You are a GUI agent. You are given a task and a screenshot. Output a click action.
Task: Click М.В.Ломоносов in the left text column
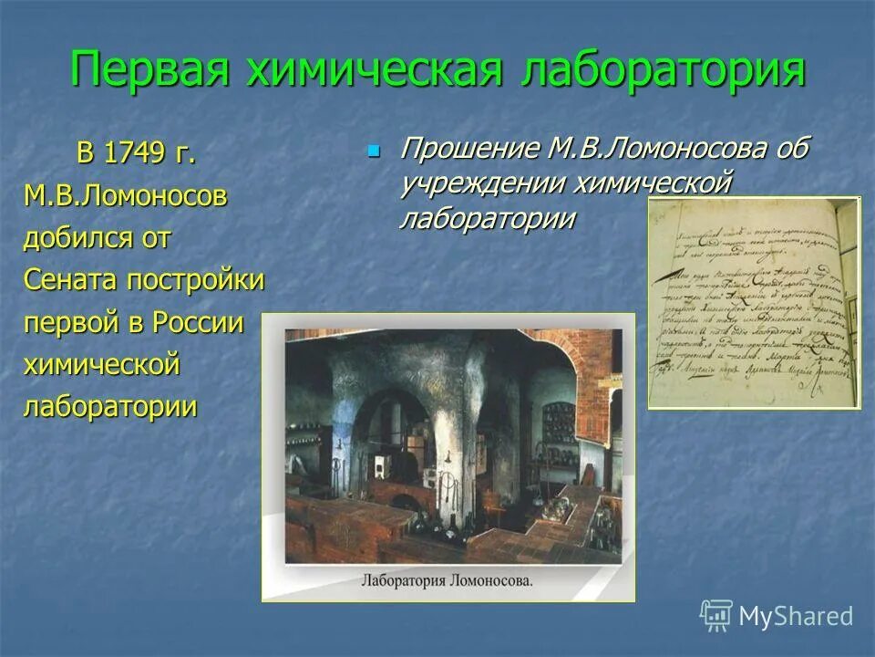(x=125, y=196)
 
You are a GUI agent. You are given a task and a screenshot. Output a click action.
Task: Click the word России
(x=199, y=322)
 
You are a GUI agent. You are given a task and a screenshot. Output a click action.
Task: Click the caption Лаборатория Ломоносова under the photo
(x=447, y=579)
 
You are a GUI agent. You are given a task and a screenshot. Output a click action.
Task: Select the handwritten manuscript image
(x=754, y=302)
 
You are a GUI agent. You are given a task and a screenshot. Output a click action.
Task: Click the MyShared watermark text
(x=796, y=616)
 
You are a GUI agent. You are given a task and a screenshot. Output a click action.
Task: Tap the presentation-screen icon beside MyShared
(x=715, y=616)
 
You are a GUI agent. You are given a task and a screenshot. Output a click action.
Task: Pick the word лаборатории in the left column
(x=109, y=406)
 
